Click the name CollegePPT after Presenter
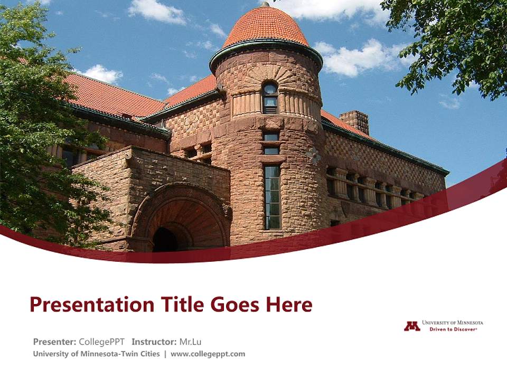pos(101,341)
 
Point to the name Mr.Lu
pos(190,341)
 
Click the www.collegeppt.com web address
pos(208,354)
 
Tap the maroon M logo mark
pos(412,326)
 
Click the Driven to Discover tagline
pos(453,329)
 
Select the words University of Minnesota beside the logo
pos(453,322)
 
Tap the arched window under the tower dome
pos(270,97)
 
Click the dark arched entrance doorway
pos(165,239)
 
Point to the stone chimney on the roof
pos(354,121)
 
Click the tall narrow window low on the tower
pos(272,197)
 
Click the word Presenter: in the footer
pos(54,341)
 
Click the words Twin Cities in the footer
pos(139,354)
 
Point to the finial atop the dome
pos(265,4)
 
